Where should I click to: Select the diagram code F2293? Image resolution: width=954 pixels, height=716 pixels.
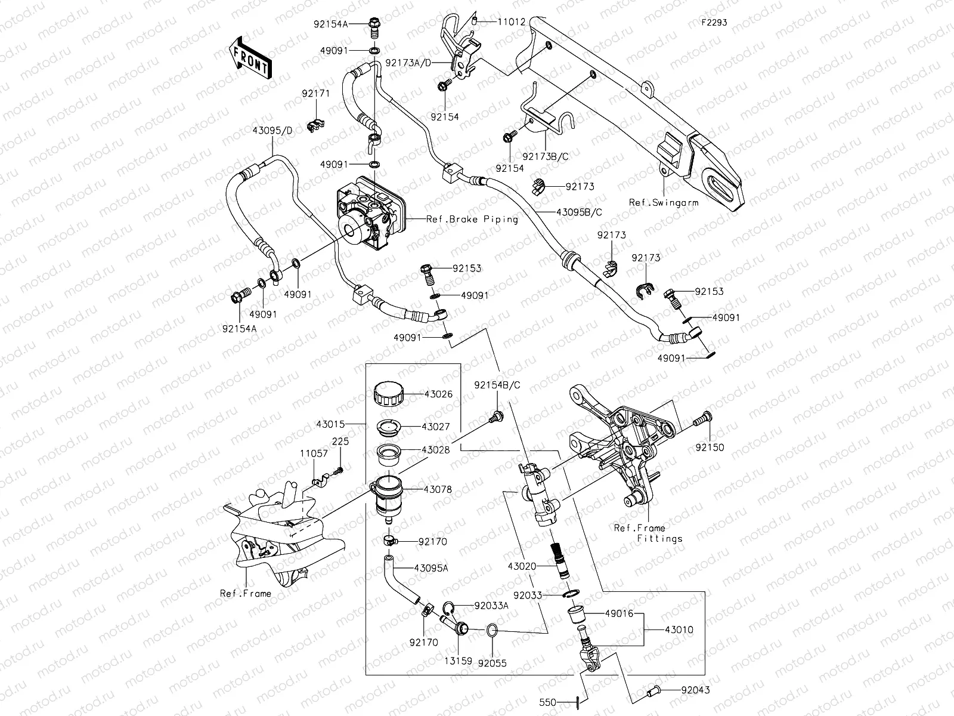coord(714,23)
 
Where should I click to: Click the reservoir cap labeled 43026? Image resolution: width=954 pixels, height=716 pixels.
coord(388,396)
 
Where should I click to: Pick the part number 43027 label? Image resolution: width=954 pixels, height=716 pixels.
coord(436,427)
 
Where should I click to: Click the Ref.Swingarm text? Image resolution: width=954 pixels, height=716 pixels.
coord(664,203)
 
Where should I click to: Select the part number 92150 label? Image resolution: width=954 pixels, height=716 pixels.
coord(710,447)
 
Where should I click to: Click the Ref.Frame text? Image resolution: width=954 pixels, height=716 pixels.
coord(245,594)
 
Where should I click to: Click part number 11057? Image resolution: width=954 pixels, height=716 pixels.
coord(314,453)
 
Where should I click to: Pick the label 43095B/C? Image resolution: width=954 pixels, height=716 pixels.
coord(579,212)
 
